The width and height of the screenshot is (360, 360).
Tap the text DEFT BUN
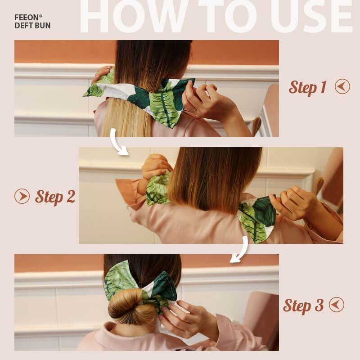(32, 26)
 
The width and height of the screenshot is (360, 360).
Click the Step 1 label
(307, 87)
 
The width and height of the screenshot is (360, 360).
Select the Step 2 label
(55, 197)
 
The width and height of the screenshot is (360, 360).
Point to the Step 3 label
(303, 306)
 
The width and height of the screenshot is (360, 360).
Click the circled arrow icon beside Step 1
(342, 86)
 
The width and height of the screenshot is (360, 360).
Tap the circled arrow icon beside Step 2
(22, 196)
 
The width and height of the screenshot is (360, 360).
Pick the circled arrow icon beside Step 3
(337, 305)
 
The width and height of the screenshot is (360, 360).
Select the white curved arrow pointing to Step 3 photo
(240, 250)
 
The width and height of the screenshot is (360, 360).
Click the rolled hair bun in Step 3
(126, 306)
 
